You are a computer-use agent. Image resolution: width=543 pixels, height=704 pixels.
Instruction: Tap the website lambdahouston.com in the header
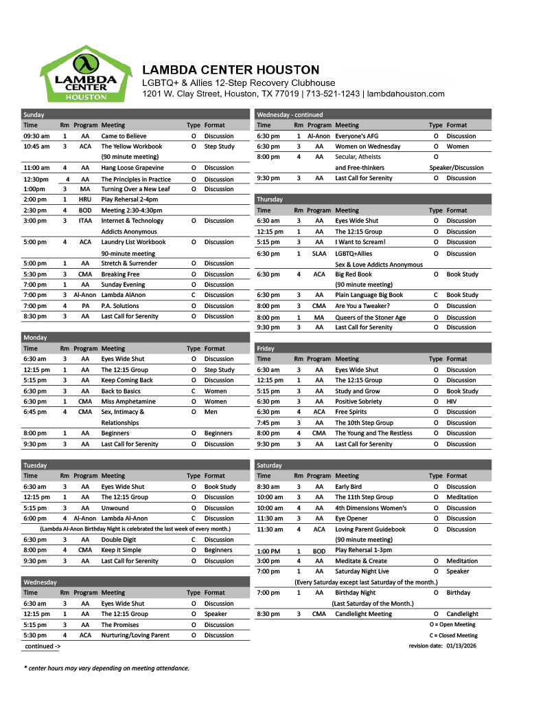click(x=406, y=93)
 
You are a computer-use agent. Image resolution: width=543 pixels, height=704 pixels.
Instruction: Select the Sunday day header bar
click(x=135, y=115)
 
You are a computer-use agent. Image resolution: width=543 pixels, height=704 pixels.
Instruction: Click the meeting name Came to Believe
click(x=124, y=136)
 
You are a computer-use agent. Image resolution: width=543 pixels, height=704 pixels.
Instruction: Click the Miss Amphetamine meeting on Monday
click(x=128, y=401)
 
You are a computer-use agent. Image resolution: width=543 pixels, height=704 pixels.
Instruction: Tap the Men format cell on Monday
click(x=211, y=412)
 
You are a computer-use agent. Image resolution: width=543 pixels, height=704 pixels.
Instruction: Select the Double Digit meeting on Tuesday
click(x=119, y=540)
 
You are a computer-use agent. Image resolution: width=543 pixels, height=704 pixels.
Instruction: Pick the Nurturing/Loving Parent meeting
click(x=135, y=635)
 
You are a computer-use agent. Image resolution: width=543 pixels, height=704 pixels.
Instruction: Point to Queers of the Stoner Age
click(x=370, y=318)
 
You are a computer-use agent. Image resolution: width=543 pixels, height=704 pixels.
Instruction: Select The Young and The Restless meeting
click(x=373, y=433)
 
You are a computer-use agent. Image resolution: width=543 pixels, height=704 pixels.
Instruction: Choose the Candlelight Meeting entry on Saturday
click(x=363, y=614)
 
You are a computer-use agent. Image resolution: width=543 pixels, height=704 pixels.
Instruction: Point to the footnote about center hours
click(x=106, y=668)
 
